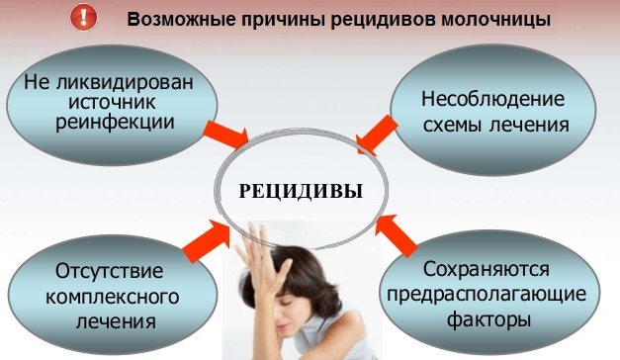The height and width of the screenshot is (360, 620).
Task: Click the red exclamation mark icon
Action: click(86, 17)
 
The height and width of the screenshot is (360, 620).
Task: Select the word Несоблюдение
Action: click(492, 100)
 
